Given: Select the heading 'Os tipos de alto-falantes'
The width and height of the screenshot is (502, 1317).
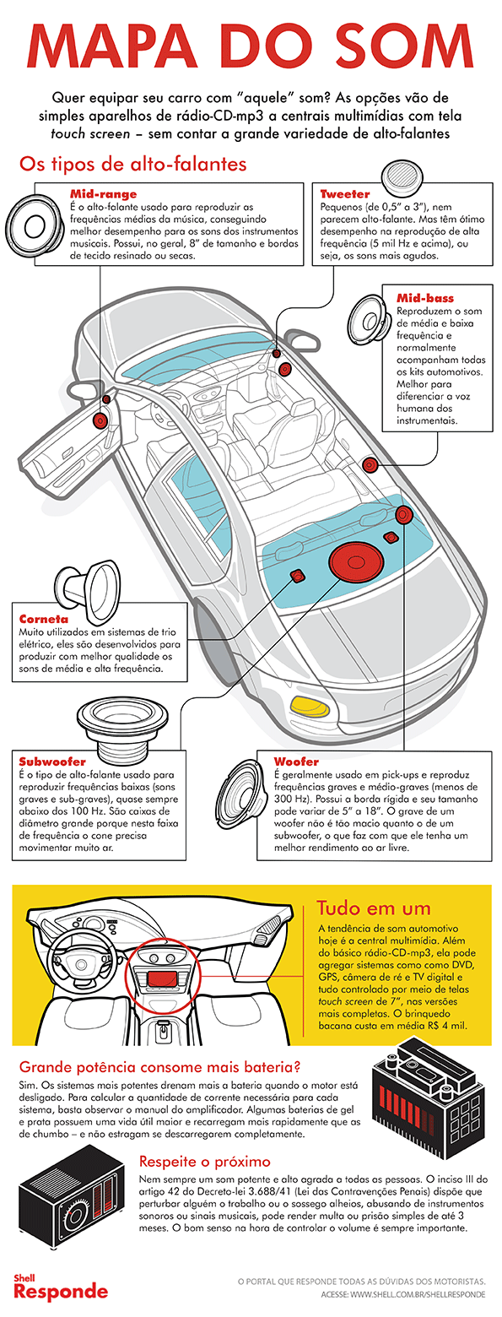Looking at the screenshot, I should pos(132,162).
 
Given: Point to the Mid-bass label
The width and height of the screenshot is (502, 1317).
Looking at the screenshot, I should pos(425,298).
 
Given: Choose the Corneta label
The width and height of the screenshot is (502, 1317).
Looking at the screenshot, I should pos(44,618).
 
